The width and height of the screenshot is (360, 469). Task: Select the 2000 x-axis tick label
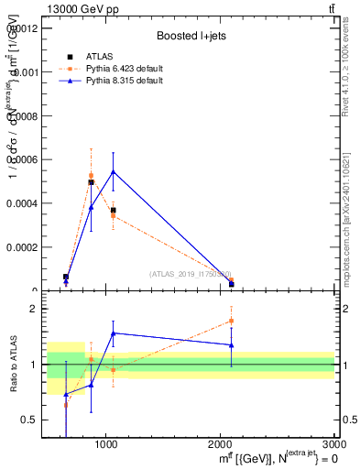coord(221,444)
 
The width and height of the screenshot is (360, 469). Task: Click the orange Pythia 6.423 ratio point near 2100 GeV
coord(232,321)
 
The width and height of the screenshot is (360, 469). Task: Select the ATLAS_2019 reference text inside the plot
coord(191,274)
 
